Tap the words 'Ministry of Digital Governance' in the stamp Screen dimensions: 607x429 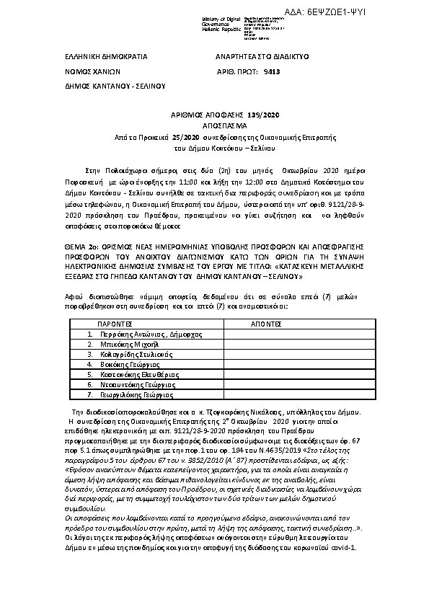[217, 22]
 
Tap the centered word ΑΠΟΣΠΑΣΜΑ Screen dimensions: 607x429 [214, 125]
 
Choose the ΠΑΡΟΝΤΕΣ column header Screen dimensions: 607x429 [116, 324]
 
